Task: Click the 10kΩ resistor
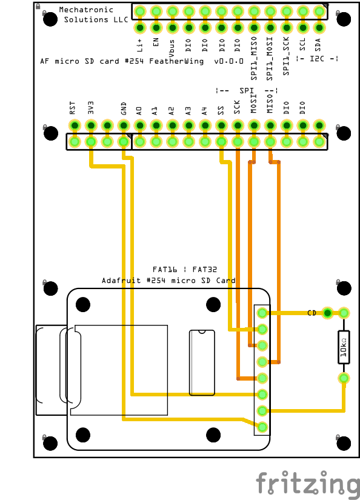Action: coord(344,347)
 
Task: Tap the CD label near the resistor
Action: coord(312,313)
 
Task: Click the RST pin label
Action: coord(72,108)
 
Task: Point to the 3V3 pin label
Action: coord(91,108)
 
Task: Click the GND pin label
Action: coord(124,108)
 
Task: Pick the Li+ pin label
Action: coord(139,45)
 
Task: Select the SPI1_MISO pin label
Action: coord(254,58)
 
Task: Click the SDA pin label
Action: coord(318,45)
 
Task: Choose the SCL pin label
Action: coord(302,44)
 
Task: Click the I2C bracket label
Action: coord(317,59)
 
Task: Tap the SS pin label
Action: coord(221,111)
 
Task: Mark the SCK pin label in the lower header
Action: coord(236,107)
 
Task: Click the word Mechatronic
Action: coord(86,10)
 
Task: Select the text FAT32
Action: coord(205,270)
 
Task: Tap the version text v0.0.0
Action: coord(228,61)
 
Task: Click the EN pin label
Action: coord(156,42)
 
